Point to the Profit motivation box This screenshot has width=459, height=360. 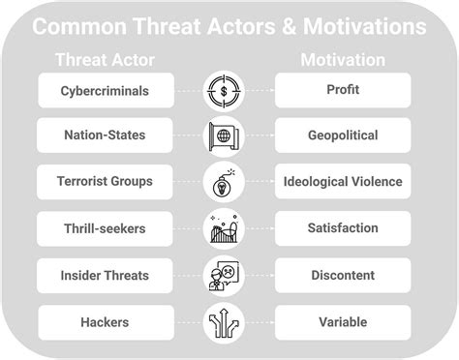(x=343, y=91)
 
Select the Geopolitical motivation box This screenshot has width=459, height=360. (x=343, y=135)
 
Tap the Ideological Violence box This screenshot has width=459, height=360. (x=343, y=181)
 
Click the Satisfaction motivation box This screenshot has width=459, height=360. (x=343, y=228)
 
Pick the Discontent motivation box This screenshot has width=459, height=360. (x=343, y=275)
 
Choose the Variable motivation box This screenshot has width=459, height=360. (x=343, y=321)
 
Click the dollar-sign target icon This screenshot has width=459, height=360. (x=224, y=91)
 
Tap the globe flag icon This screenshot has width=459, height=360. (x=224, y=135)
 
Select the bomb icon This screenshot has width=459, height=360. (x=224, y=182)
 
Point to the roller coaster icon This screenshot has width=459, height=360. (x=224, y=228)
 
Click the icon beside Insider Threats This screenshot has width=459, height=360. (x=224, y=275)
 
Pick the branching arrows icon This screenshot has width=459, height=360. (x=224, y=321)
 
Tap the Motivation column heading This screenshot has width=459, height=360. (x=343, y=60)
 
